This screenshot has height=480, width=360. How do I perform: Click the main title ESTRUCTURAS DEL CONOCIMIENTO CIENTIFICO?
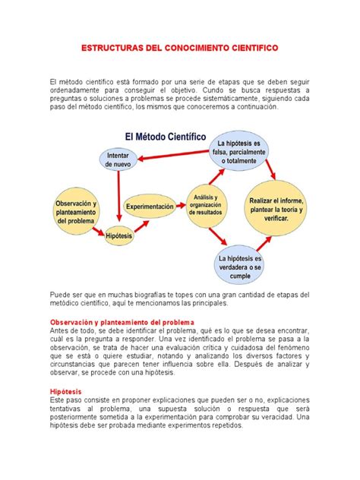point(179,47)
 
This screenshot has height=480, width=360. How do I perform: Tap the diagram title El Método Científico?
point(161,137)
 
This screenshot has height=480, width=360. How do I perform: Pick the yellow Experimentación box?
point(150,206)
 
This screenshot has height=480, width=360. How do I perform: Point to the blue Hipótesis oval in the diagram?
point(119,236)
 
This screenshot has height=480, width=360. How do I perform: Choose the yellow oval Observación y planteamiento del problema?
point(76,212)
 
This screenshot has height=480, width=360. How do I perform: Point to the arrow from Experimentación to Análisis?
point(179,206)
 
